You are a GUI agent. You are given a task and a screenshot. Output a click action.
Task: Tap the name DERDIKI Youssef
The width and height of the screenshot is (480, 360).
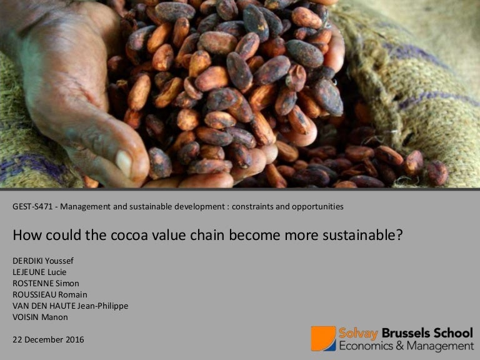pos(42,261)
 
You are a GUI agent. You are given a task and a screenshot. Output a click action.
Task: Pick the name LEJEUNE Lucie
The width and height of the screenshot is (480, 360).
pos(39,272)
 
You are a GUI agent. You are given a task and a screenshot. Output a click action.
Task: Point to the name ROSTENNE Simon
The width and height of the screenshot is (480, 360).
pos(46,283)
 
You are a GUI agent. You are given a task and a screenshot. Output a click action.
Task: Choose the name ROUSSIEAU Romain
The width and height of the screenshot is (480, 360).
pos(50,294)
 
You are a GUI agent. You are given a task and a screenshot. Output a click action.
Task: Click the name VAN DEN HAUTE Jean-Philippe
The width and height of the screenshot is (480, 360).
pos(70,306)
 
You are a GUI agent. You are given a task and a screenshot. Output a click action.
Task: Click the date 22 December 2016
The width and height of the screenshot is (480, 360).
pos(48,339)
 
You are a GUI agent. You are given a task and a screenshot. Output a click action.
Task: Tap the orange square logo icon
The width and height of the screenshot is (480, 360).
pos(323,338)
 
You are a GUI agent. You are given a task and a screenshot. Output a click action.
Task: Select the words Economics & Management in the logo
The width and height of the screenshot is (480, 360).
pos(406,346)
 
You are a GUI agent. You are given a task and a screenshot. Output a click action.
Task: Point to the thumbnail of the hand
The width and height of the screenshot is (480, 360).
pos(81,94)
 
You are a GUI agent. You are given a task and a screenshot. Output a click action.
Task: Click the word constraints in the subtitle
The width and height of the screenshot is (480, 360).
pos(253,206)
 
